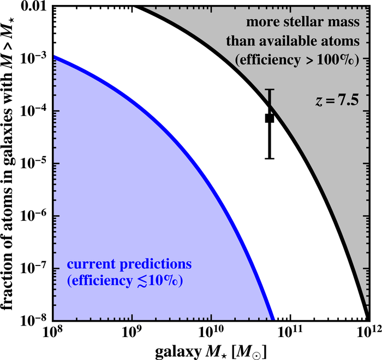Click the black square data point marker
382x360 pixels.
tap(269, 118)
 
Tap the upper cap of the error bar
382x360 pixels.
tap(269, 90)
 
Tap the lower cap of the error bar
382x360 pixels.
tap(269, 158)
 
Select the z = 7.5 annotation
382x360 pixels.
tap(335, 101)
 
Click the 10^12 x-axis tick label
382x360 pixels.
tap(367, 333)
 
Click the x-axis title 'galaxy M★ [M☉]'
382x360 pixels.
tap(211, 350)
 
